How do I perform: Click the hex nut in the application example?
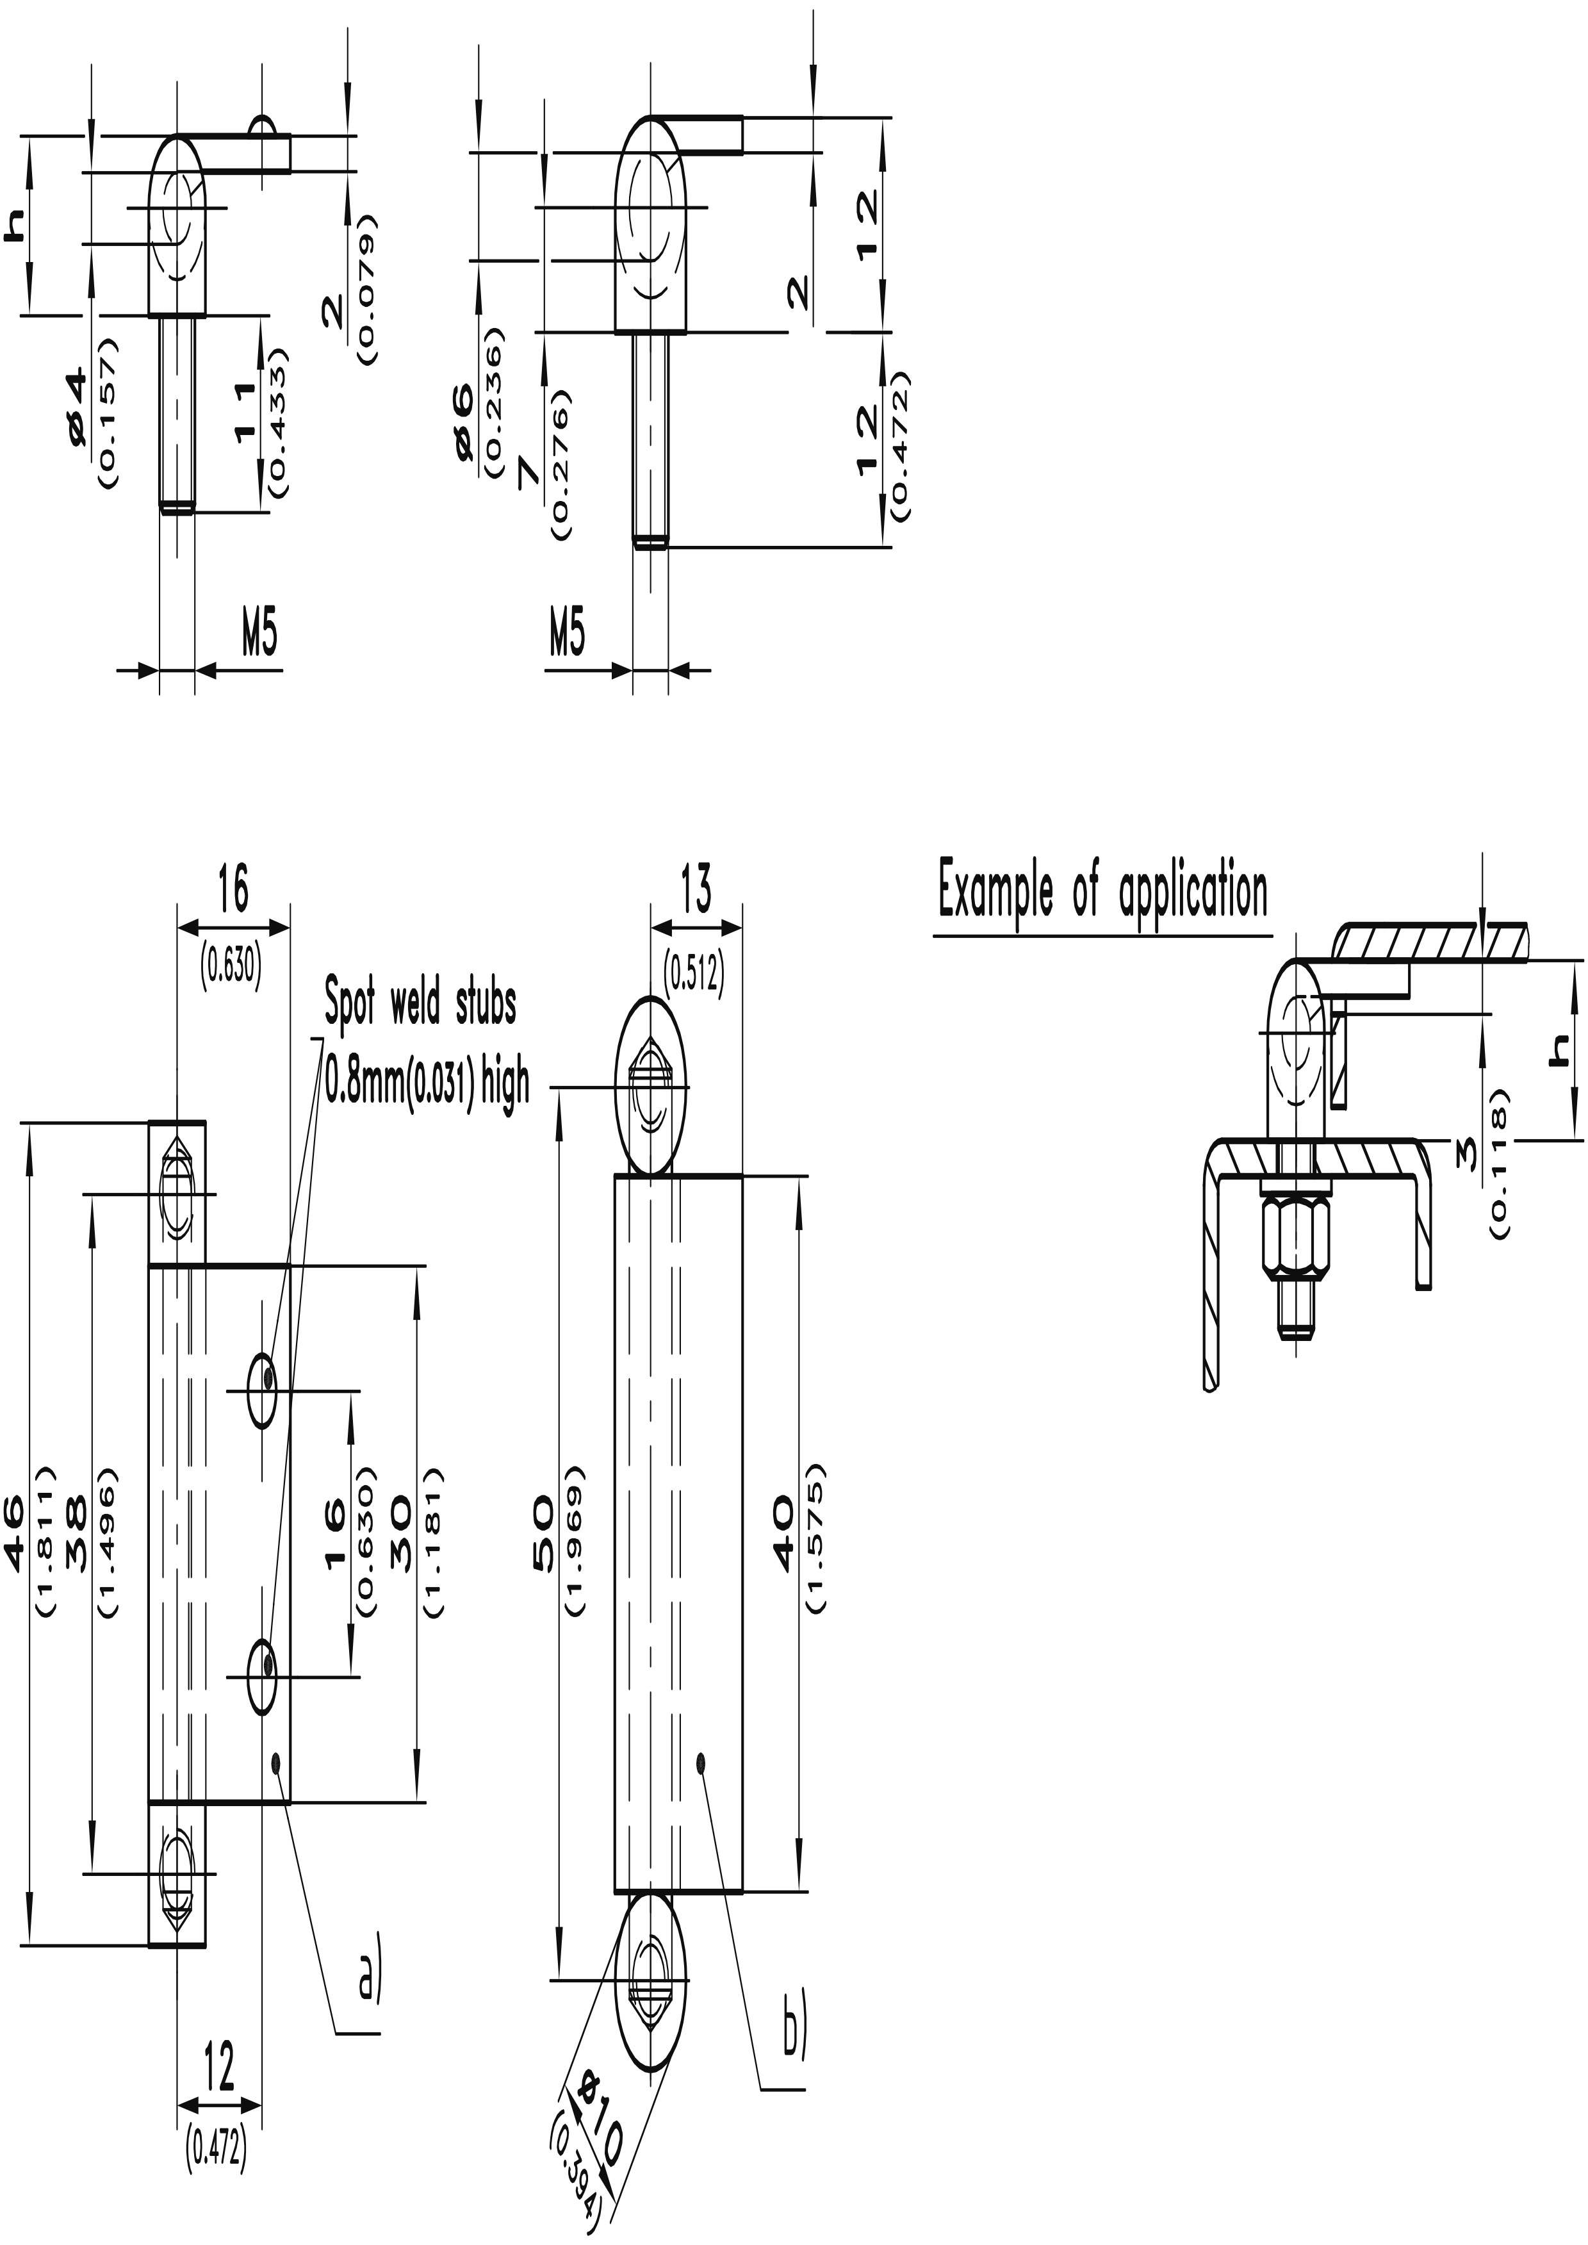(1297, 1240)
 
